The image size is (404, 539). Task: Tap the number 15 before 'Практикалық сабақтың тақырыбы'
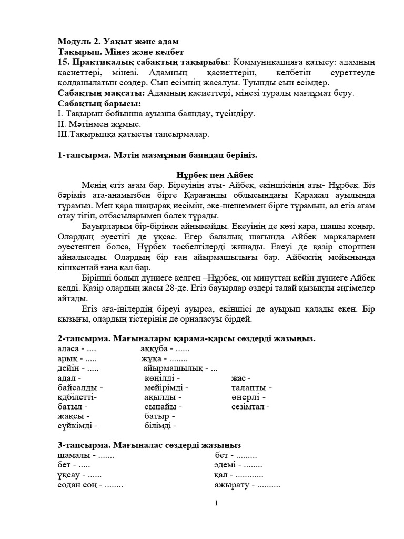(x=63, y=63)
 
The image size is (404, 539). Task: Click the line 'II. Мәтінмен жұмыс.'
(x=99, y=124)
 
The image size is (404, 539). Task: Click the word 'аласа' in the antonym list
(x=68, y=349)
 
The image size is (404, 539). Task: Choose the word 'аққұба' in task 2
(x=154, y=349)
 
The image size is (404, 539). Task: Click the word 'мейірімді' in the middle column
(x=163, y=388)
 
